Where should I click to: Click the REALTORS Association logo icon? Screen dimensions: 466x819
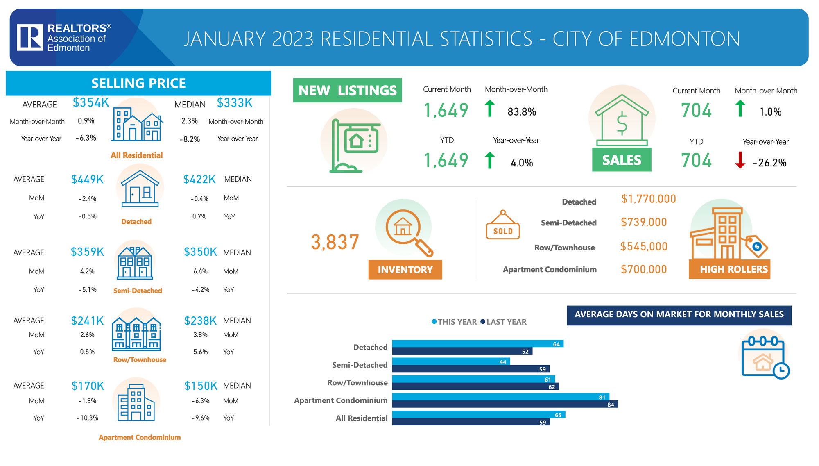(x=30, y=37)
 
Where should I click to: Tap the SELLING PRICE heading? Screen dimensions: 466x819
(x=138, y=83)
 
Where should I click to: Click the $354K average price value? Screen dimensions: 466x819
(x=91, y=102)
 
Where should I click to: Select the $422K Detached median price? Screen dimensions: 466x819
(x=199, y=180)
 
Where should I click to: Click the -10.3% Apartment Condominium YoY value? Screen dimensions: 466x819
(x=88, y=418)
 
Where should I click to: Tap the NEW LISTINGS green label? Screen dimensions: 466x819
(x=347, y=91)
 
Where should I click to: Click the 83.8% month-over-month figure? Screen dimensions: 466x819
(x=522, y=112)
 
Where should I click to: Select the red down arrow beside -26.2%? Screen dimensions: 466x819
(x=740, y=160)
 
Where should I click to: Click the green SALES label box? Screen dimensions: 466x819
(x=622, y=160)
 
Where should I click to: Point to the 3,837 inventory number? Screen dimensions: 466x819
(x=335, y=242)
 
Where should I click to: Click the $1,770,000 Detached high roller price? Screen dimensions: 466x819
(x=649, y=199)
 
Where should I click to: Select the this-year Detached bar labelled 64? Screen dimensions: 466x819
(x=477, y=344)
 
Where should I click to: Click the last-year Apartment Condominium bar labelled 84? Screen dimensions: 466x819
(x=505, y=405)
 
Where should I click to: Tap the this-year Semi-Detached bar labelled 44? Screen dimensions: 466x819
(x=451, y=361)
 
